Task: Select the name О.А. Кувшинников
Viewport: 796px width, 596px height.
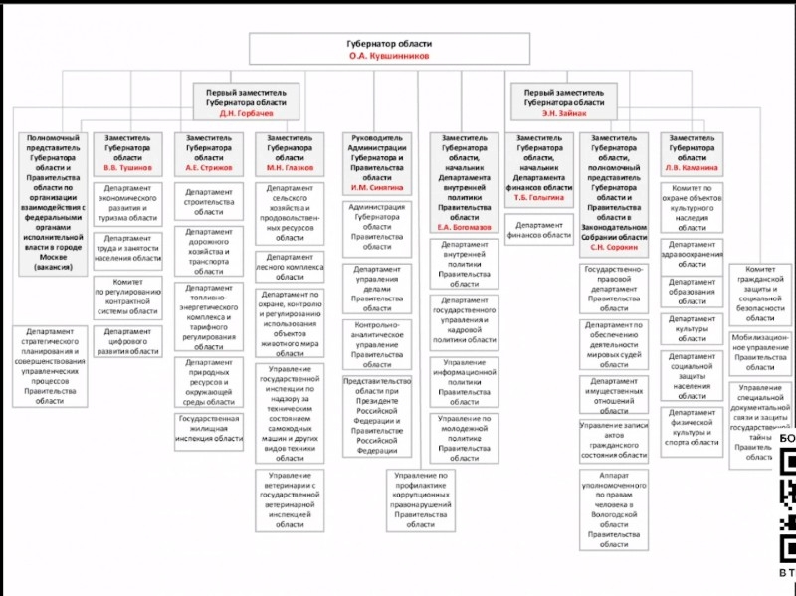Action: [390, 57]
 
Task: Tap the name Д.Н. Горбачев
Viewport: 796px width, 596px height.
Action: [245, 113]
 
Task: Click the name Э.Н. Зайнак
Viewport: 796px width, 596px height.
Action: [564, 113]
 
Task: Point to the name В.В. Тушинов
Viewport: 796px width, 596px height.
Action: [127, 168]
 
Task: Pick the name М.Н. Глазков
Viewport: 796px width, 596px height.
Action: [290, 168]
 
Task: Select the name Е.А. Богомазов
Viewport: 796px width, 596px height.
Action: [464, 227]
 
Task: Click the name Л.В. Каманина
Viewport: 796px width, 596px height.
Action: [693, 168]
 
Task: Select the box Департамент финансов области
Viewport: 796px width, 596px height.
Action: [538, 230]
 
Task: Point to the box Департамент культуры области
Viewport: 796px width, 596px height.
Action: [693, 327]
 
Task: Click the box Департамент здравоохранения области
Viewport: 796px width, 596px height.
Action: [693, 254]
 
